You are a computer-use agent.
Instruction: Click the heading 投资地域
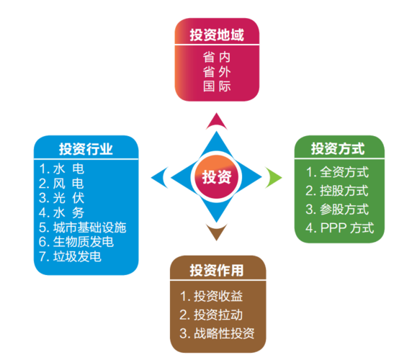coord(216,35)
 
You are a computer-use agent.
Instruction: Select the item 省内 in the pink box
coord(216,57)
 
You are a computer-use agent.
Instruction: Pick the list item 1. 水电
coord(63,168)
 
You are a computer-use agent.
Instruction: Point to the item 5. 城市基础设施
coord(83,228)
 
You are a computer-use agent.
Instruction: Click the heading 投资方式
coord(337,150)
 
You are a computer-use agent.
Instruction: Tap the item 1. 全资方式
coord(336,172)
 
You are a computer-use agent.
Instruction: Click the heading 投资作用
coord(216,271)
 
